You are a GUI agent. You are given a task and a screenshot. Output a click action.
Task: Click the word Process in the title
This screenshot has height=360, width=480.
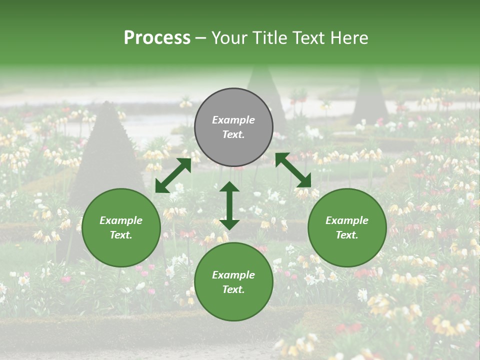coord(157,38)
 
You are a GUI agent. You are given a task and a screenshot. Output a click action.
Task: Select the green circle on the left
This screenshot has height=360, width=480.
coord(121,227)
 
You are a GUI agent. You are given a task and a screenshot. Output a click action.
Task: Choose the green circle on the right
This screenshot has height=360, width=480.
coord(347,227)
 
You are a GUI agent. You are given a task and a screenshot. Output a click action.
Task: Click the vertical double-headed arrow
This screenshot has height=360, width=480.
coord(229,205)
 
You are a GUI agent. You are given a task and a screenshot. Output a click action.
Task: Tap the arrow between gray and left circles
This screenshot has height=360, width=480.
coord(173,175)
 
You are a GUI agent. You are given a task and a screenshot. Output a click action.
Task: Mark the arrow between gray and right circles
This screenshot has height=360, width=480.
coord(293,170)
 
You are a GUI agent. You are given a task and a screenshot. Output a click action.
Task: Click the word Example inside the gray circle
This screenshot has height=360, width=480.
coord(233,120)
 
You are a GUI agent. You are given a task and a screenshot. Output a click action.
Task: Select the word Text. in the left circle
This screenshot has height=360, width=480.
coord(121,235)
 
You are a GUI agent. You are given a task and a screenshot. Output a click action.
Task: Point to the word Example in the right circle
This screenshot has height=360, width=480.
coord(347,220)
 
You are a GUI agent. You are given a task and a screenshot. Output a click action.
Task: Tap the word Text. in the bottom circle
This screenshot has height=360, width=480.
coord(233,289)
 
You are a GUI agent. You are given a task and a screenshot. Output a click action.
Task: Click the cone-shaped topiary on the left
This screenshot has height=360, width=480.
coord(106,150)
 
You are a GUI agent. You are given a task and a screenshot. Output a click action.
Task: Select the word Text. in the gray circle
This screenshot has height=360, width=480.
coord(233,134)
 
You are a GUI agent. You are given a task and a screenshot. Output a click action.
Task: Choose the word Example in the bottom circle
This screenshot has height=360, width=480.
coord(233,275)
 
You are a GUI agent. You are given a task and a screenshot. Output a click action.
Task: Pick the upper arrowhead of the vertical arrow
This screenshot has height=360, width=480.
coord(229,187)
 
